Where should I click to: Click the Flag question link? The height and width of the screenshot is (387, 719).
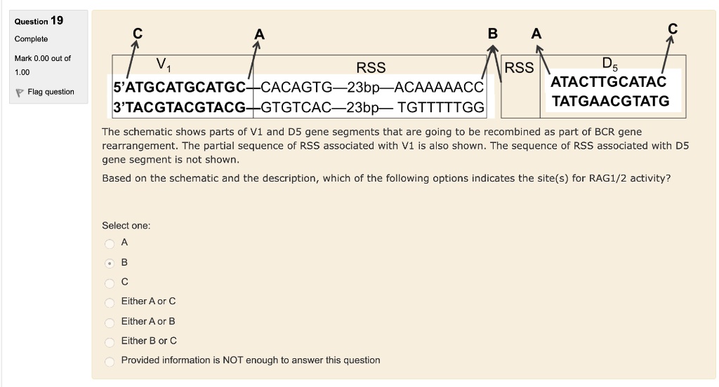(x=45, y=92)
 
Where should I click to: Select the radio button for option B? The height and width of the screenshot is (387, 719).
(x=110, y=264)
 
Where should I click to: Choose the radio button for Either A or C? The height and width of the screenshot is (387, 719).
(x=110, y=302)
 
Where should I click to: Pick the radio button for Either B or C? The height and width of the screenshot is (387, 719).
(x=110, y=342)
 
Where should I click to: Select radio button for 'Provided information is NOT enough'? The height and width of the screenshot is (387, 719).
(x=110, y=361)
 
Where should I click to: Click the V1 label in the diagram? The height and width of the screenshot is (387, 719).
(x=163, y=64)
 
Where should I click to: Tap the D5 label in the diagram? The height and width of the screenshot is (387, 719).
(x=609, y=64)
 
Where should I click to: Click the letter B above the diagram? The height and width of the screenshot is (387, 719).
(x=492, y=34)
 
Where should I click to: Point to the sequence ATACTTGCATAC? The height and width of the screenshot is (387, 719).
(x=609, y=81)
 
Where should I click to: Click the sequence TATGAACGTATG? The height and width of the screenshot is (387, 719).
(x=610, y=101)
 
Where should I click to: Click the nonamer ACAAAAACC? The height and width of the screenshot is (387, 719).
(x=439, y=87)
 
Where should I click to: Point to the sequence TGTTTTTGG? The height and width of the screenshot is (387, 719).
(x=441, y=107)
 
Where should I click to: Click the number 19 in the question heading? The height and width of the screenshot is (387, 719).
(x=57, y=20)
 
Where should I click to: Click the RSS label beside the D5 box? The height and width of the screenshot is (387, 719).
(x=519, y=68)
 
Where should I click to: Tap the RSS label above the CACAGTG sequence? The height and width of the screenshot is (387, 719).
(x=371, y=68)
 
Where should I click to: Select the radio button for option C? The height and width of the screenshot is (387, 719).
(x=110, y=283)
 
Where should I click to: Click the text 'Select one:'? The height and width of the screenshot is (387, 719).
(x=126, y=225)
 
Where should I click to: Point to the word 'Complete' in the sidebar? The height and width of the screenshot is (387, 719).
(x=31, y=39)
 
